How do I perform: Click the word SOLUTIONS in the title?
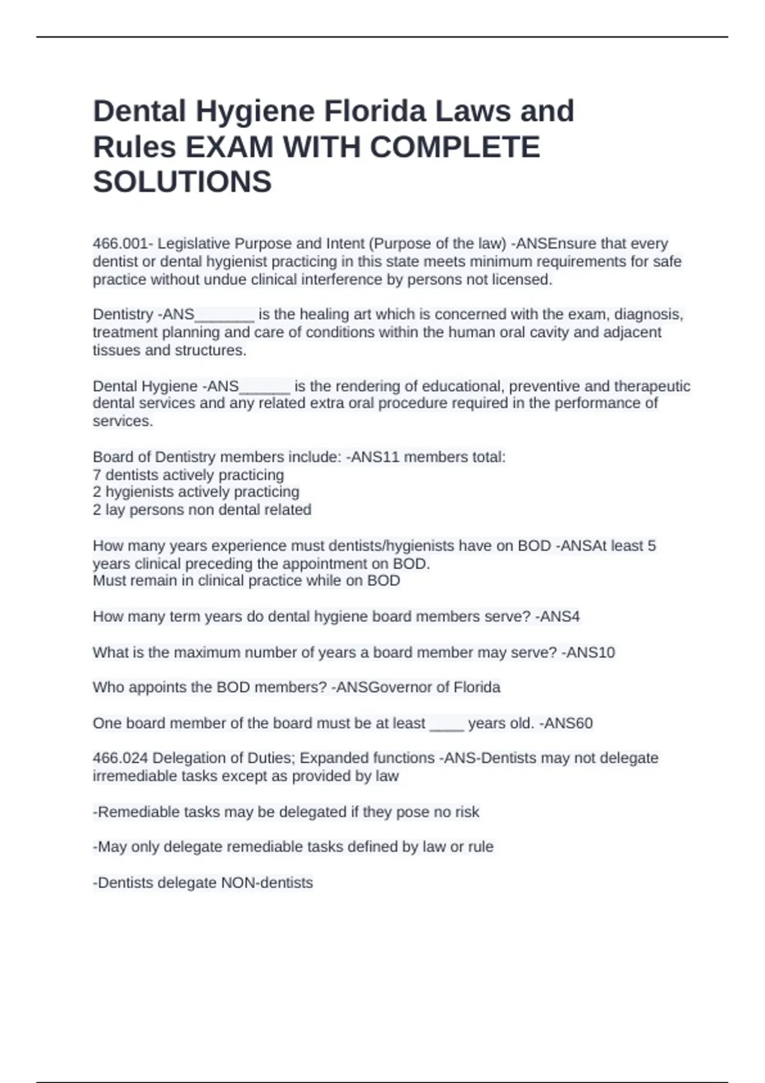point(182,182)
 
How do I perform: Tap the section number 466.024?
point(120,759)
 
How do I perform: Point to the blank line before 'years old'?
point(446,725)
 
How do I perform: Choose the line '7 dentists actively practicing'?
point(189,475)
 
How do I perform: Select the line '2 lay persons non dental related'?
point(202,510)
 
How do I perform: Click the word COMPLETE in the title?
point(455,147)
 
